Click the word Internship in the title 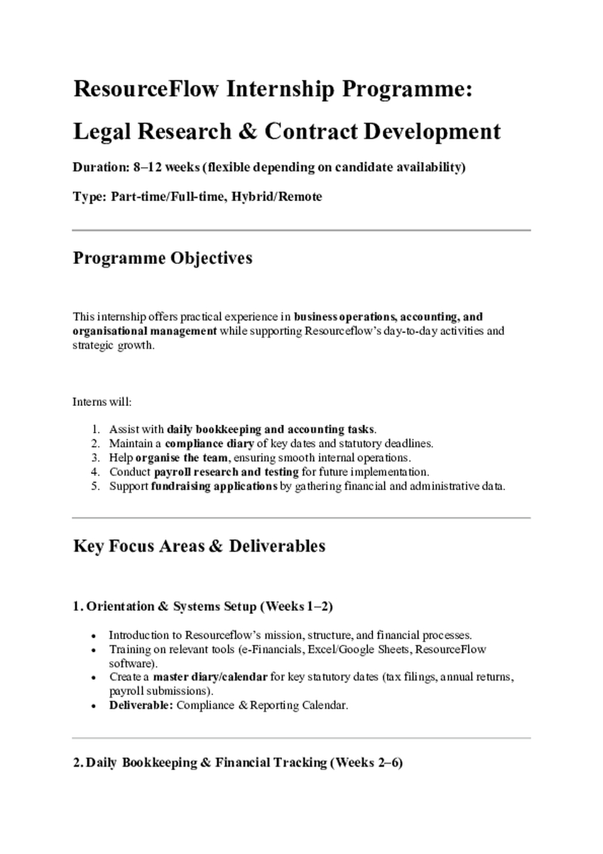pos(280,89)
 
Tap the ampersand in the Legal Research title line pos(248,132)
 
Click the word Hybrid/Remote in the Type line pos(276,197)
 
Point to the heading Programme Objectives pos(163,258)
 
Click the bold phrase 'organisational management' pos(144,331)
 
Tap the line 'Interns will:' pos(102,402)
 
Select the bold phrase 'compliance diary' pos(209,444)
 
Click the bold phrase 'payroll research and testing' pos(226,472)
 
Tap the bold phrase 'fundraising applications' pos(214,486)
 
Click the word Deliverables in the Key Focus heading pos(277,546)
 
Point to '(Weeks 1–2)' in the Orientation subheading pos(296,607)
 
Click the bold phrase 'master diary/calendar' pos(210,677)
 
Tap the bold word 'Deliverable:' pos(141,706)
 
